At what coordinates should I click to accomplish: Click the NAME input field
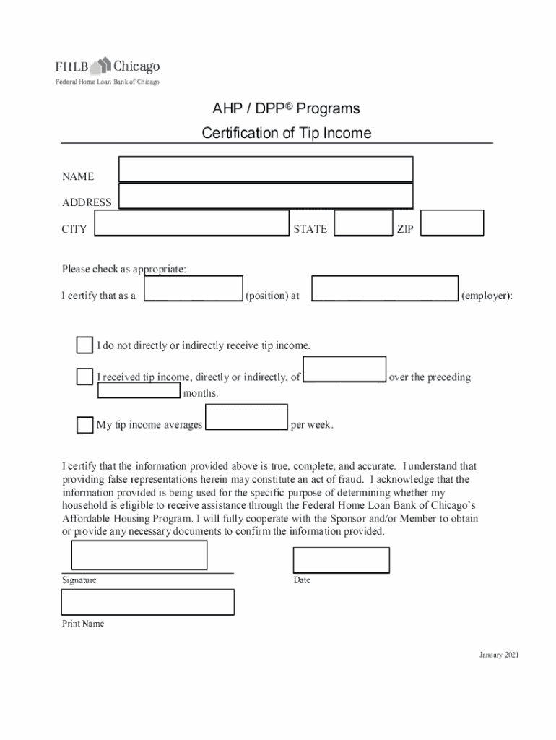click(x=266, y=169)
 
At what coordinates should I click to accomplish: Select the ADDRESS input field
click(x=266, y=196)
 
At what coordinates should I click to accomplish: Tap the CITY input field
click(x=191, y=224)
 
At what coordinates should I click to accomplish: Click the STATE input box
click(x=364, y=224)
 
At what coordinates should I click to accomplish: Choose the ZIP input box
click(x=452, y=223)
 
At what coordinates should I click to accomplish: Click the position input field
click(x=194, y=288)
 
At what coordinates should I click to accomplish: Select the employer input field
click(x=385, y=288)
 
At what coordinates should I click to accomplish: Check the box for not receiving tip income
click(x=84, y=345)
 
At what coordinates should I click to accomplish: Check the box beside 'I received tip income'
click(x=84, y=377)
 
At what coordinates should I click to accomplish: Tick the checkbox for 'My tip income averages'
click(x=84, y=425)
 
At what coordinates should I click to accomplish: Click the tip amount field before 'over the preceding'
click(x=344, y=369)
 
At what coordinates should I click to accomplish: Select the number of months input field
click(x=139, y=391)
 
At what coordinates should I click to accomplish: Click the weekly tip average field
click(x=247, y=417)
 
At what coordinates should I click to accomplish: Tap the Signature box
click(x=139, y=555)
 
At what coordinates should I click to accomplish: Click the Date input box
click(x=341, y=560)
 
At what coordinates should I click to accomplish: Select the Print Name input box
click(x=147, y=602)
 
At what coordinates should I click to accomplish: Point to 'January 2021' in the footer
click(x=499, y=655)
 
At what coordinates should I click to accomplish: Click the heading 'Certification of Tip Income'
click(x=287, y=133)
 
